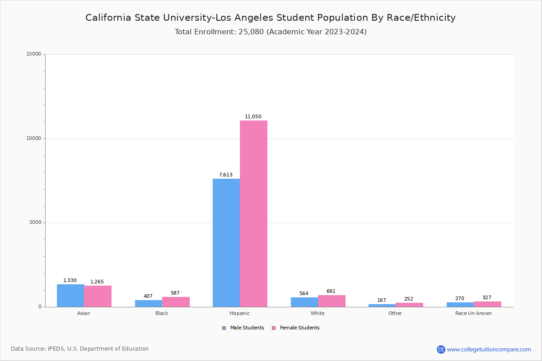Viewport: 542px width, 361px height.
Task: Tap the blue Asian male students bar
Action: [70, 296]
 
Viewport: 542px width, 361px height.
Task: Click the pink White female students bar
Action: [332, 301]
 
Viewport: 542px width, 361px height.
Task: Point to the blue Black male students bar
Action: [149, 303]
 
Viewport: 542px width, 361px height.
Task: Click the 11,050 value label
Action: [253, 116]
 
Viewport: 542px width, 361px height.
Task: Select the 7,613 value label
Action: [226, 175]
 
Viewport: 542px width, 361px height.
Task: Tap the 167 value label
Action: [382, 300]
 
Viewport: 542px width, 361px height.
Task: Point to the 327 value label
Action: [487, 297]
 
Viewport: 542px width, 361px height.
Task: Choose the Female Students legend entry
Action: [296, 328]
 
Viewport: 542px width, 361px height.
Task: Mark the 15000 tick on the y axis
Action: [34, 54]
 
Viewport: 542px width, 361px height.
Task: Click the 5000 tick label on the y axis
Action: [35, 222]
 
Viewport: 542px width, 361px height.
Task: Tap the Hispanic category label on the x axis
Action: [239, 313]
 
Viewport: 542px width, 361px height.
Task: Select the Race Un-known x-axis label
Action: [473, 313]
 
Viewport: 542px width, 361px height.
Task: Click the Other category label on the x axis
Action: [395, 313]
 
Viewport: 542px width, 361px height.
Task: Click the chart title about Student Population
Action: [271, 18]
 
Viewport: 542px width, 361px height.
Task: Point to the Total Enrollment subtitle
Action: [271, 32]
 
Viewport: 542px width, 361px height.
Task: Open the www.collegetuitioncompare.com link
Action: [489, 349]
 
